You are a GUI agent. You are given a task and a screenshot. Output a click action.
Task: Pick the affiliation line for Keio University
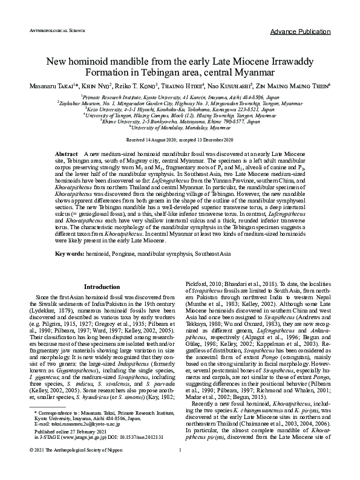click(180, 109)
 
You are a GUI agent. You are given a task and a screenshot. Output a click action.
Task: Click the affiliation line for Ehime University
click(180, 121)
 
